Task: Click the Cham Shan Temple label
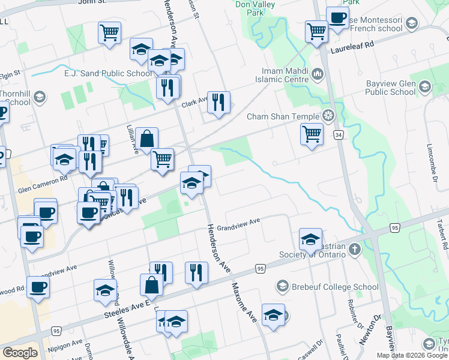click(283, 116)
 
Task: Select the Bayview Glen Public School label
click(390, 88)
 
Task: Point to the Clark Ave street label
click(195, 102)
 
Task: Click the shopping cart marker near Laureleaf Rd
click(316, 31)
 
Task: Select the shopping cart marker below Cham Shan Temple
click(312, 134)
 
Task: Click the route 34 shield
click(339, 135)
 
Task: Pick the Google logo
click(20, 353)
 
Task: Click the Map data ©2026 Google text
click(412, 355)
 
